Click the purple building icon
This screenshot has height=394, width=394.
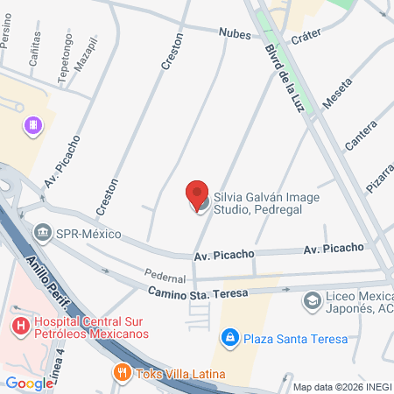pos(33,126)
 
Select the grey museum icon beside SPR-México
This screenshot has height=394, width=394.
pos(41,234)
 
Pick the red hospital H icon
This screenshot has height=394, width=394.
pos(19,326)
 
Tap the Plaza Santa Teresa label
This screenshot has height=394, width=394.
pos(296,338)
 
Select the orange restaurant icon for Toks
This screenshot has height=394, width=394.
pos(122,373)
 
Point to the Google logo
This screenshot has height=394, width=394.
pos(29,383)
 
